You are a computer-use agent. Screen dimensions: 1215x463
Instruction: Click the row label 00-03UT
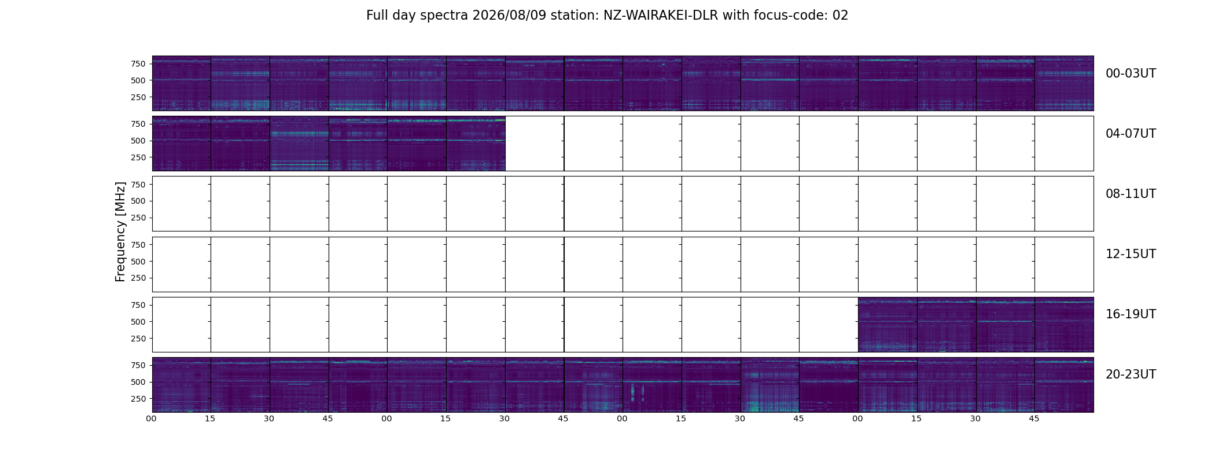(1131, 74)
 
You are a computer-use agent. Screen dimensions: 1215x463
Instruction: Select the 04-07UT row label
(1131, 134)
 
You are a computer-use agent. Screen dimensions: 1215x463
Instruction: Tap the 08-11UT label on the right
(1131, 194)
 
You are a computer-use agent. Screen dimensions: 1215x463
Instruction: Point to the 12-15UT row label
(1131, 254)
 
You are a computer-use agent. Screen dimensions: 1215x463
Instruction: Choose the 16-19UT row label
(1131, 314)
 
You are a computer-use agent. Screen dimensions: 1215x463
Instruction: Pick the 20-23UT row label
(1131, 374)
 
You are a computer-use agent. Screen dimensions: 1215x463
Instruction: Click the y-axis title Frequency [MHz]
(120, 232)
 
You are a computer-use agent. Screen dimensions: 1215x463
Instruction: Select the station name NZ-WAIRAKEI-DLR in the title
(661, 16)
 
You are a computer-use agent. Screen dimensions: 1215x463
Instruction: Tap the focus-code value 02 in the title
(840, 16)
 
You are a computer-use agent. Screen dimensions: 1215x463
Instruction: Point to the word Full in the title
(377, 16)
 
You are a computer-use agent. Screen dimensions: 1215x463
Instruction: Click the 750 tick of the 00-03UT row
(138, 64)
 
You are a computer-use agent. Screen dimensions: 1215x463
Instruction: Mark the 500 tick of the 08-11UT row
(138, 201)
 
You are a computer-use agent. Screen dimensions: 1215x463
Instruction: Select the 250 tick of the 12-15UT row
(138, 278)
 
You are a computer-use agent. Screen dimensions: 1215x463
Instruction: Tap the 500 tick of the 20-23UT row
(138, 382)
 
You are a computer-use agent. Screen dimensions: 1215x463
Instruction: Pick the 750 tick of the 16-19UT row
(138, 305)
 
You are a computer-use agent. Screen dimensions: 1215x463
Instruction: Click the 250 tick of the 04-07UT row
(138, 157)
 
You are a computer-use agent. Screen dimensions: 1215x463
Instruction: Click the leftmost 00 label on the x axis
(152, 418)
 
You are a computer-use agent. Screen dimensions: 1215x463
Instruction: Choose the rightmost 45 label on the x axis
(1034, 418)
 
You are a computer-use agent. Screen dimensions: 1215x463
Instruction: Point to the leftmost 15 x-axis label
(210, 418)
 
